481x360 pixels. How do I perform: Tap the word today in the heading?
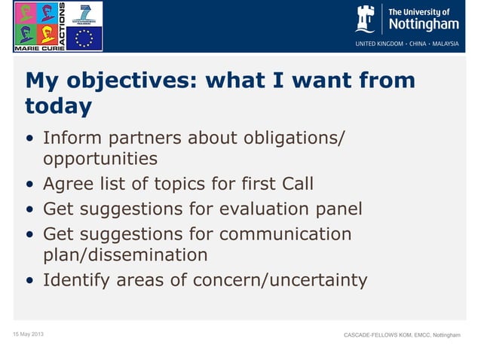click(58, 106)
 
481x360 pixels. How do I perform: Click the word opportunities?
click(100, 159)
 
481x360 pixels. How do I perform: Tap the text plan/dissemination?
click(125, 255)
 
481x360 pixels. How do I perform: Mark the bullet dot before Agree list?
click(29, 185)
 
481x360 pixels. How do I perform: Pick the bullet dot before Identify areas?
click(29, 282)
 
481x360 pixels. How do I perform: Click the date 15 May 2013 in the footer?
click(27, 334)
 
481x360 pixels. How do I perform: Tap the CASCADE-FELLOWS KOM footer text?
click(400, 334)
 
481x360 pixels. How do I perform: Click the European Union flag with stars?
click(84, 38)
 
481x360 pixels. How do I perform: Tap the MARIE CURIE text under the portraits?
click(35, 47)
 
